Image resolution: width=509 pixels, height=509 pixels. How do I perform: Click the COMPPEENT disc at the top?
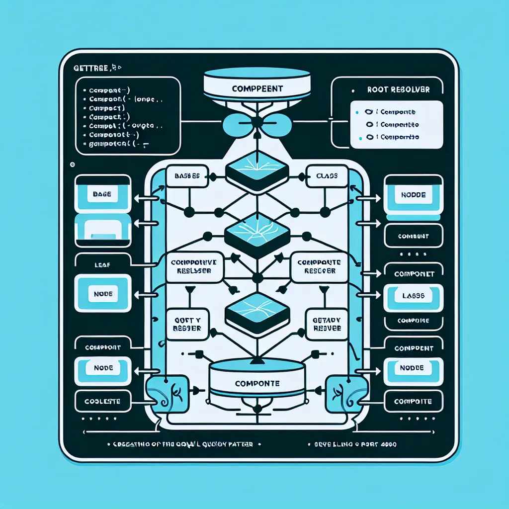pyautogui.click(x=257, y=88)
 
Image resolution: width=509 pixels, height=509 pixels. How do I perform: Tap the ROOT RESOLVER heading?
pyautogui.click(x=398, y=90)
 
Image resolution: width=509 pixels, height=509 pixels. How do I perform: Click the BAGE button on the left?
pyautogui.click(x=101, y=195)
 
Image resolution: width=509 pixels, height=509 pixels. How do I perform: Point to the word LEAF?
pyautogui.click(x=102, y=266)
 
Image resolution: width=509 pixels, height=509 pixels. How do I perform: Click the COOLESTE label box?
pyautogui.click(x=102, y=401)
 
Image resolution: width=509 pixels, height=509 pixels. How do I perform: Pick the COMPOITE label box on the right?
pyautogui.click(x=413, y=401)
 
